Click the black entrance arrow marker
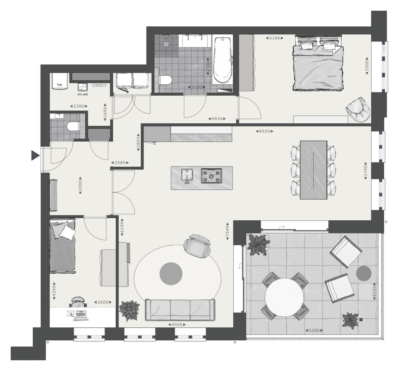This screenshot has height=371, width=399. coord(35,155)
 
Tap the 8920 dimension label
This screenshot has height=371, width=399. coord(265,132)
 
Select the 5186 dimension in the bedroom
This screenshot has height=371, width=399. coord(274,38)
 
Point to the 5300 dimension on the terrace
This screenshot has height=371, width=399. coord(314,331)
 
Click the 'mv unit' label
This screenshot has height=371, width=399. coord(83,94)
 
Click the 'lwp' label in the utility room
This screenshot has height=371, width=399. coord(60,85)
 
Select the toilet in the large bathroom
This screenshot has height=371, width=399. coord(165,80)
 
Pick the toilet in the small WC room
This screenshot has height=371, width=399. coord(72,126)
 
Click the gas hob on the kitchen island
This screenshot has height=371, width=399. coord(211,176)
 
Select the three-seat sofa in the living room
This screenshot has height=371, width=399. coord(180,310)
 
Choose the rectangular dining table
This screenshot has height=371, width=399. coord(314,170)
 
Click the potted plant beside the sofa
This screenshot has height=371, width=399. coord(129,311)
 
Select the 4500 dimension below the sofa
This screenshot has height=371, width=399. coord(177,325)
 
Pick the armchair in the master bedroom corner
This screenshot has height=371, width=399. coord(358,109)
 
